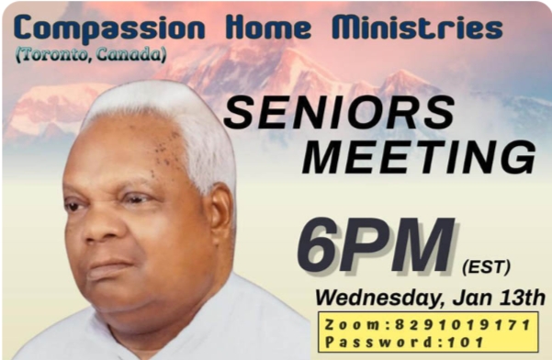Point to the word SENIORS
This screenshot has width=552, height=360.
(x=339, y=114)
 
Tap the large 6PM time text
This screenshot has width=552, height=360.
(x=376, y=246)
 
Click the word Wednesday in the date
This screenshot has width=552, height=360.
(x=380, y=298)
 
